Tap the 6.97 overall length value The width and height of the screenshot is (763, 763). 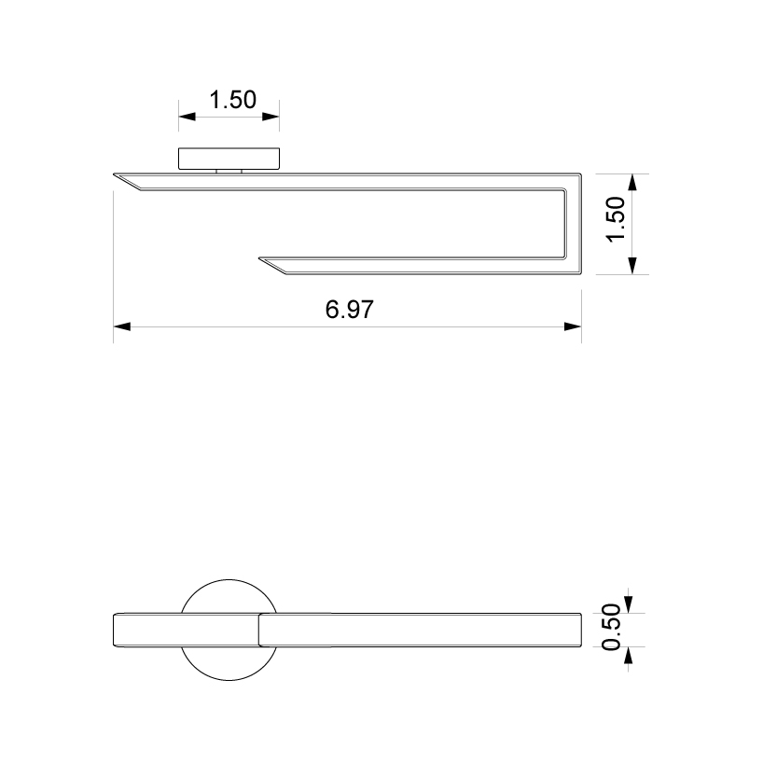(349, 311)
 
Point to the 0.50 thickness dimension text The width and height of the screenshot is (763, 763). (612, 630)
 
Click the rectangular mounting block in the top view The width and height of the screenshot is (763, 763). (229, 158)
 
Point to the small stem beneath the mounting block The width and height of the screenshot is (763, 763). (229, 171)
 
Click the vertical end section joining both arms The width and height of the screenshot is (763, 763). (573, 224)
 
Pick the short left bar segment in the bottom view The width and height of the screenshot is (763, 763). (185, 630)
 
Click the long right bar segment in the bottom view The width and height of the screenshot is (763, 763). (420, 630)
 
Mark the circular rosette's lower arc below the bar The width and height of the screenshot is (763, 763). (229, 679)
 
